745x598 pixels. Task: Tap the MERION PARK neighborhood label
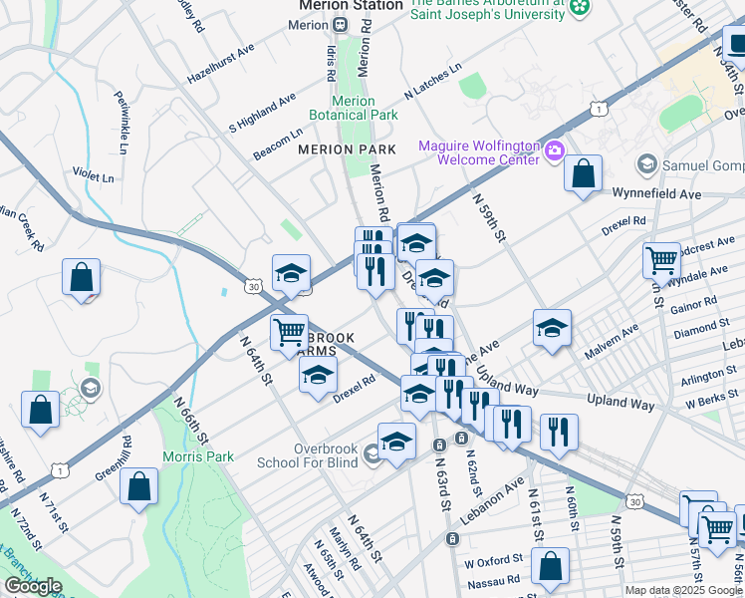tap(347, 149)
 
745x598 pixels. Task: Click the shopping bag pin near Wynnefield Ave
tap(583, 173)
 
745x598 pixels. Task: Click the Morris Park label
tap(198, 457)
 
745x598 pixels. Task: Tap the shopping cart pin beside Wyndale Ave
tap(660, 261)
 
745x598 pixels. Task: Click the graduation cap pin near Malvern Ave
tap(552, 327)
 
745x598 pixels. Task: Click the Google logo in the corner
tap(33, 586)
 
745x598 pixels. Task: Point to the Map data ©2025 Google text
tap(683, 590)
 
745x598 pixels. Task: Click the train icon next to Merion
tap(340, 24)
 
